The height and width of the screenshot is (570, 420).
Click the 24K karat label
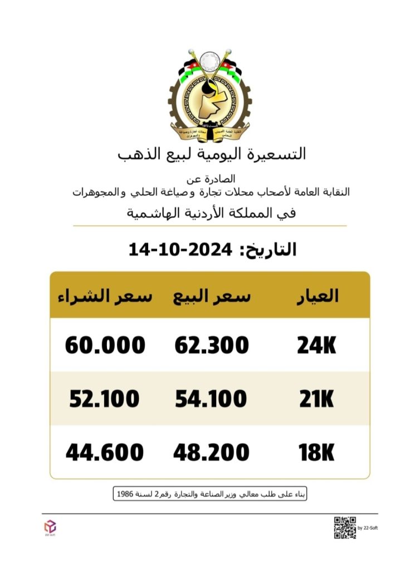tap(316, 346)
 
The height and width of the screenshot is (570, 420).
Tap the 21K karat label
tap(315, 399)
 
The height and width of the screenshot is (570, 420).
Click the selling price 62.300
tap(212, 346)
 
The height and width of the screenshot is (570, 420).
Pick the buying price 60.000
tap(105, 346)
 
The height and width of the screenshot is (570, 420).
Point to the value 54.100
tap(211, 399)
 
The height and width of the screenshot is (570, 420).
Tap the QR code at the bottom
tap(345, 528)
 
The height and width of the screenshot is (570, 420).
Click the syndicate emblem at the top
tap(210, 96)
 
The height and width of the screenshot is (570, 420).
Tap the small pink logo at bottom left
tap(50, 526)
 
